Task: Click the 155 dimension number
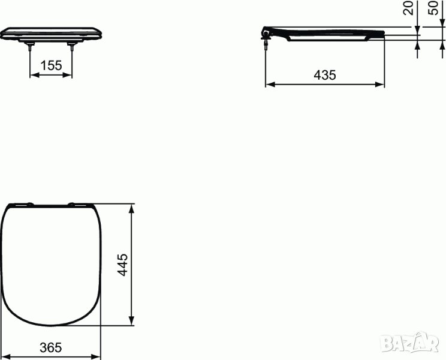click(x=51, y=65)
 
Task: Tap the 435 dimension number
click(x=325, y=75)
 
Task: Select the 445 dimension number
click(x=123, y=265)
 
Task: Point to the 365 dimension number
click(x=51, y=347)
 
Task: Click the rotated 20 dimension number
click(x=408, y=8)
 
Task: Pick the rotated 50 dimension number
click(x=433, y=8)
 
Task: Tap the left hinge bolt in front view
click(x=29, y=46)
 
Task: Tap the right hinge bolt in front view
click(x=72, y=46)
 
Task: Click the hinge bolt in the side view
click(x=266, y=42)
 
